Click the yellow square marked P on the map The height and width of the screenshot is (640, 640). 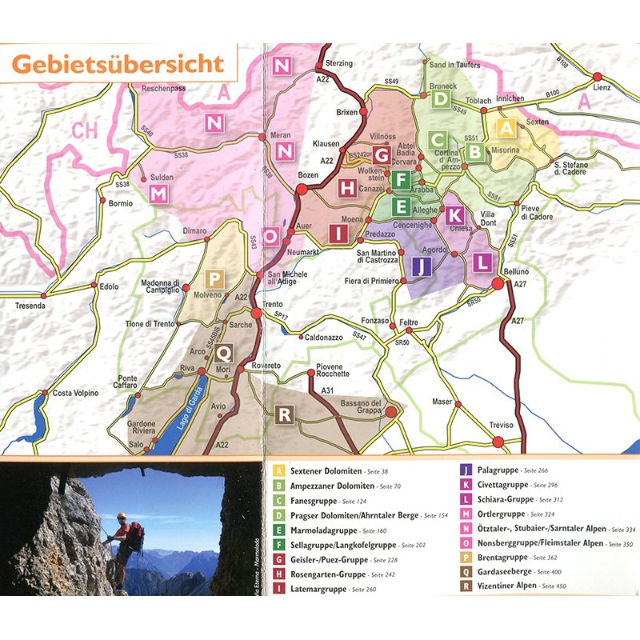214,279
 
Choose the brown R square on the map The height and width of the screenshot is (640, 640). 282,414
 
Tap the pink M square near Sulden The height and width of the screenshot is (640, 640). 158,194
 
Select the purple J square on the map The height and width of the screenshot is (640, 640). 422,266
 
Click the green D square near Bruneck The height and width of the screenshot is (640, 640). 441,98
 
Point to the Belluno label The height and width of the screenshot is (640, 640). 516,272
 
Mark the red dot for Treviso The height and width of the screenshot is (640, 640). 498,442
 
